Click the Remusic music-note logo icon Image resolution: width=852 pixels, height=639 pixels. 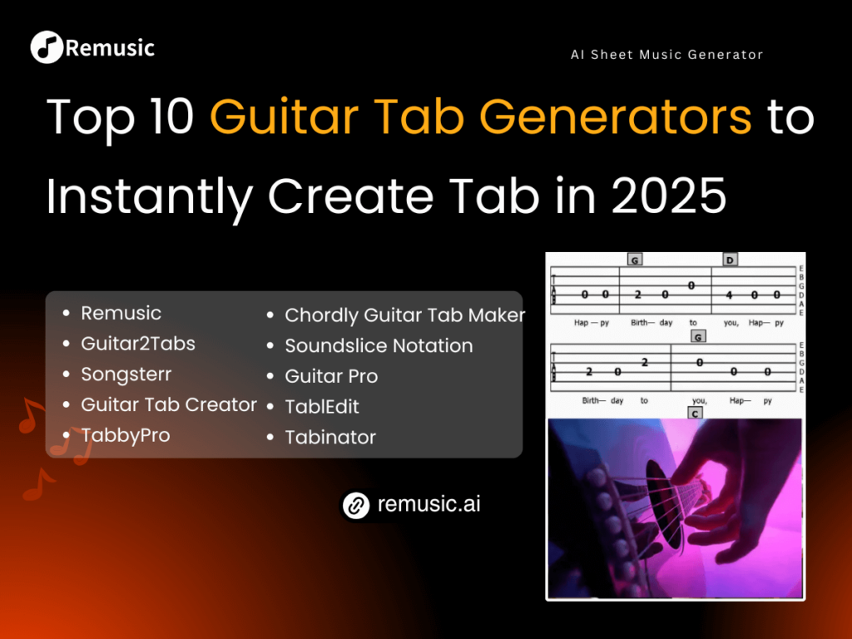(46, 47)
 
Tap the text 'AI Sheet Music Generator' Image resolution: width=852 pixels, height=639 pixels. (666, 55)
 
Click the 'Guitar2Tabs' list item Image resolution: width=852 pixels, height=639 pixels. (137, 344)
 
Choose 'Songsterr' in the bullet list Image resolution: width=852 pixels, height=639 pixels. (126, 374)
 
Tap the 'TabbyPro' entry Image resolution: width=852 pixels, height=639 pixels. (125, 435)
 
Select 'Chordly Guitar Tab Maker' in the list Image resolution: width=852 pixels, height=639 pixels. (404, 315)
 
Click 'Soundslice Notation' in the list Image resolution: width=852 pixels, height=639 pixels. (379, 346)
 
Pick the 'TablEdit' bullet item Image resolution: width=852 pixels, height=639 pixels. (322, 407)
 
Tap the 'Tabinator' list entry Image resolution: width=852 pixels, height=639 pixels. (330, 438)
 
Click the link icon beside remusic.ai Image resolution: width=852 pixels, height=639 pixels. (356, 505)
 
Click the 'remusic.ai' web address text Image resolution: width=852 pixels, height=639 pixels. (428, 504)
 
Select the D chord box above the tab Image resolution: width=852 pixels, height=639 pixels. (730, 260)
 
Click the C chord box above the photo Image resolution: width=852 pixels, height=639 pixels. (694, 413)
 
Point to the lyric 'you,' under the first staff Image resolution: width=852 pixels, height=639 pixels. (732, 322)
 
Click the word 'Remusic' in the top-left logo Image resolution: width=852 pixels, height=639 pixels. (110, 47)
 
